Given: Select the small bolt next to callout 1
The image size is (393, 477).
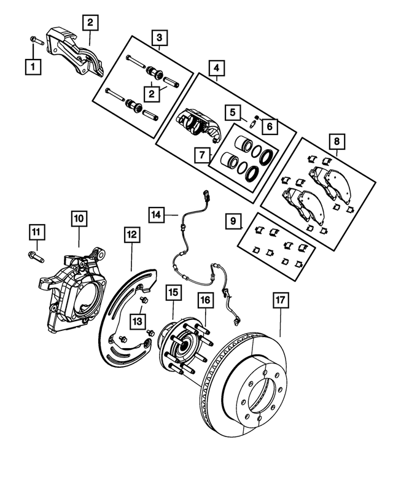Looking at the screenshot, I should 34,42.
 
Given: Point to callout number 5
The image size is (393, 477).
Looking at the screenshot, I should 231,113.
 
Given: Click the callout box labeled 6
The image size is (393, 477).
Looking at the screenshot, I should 268,127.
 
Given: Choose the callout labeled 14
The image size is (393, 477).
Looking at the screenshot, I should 157,214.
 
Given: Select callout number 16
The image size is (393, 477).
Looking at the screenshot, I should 205,301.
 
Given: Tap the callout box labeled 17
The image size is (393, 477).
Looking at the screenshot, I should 280,301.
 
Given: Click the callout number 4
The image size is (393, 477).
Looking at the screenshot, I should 216,66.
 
